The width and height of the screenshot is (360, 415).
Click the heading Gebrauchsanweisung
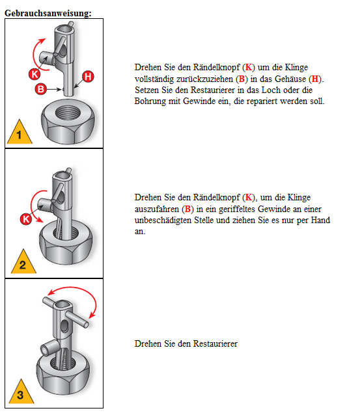coord(48,13)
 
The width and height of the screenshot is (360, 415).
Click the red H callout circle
coord(88,77)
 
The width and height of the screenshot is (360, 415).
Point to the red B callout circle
coord(41,89)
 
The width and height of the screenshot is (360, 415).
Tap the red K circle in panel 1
coord(35,74)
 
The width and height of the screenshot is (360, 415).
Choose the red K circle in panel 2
coord(26,219)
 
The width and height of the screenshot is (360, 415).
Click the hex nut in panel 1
coord(68,121)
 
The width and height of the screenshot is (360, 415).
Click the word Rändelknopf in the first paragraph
coord(217,67)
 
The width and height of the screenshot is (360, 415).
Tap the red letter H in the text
coord(315,79)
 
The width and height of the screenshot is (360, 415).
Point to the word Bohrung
coord(150,101)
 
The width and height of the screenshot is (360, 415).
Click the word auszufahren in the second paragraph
coord(157,209)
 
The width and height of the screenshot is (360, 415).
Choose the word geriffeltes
coord(237,209)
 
